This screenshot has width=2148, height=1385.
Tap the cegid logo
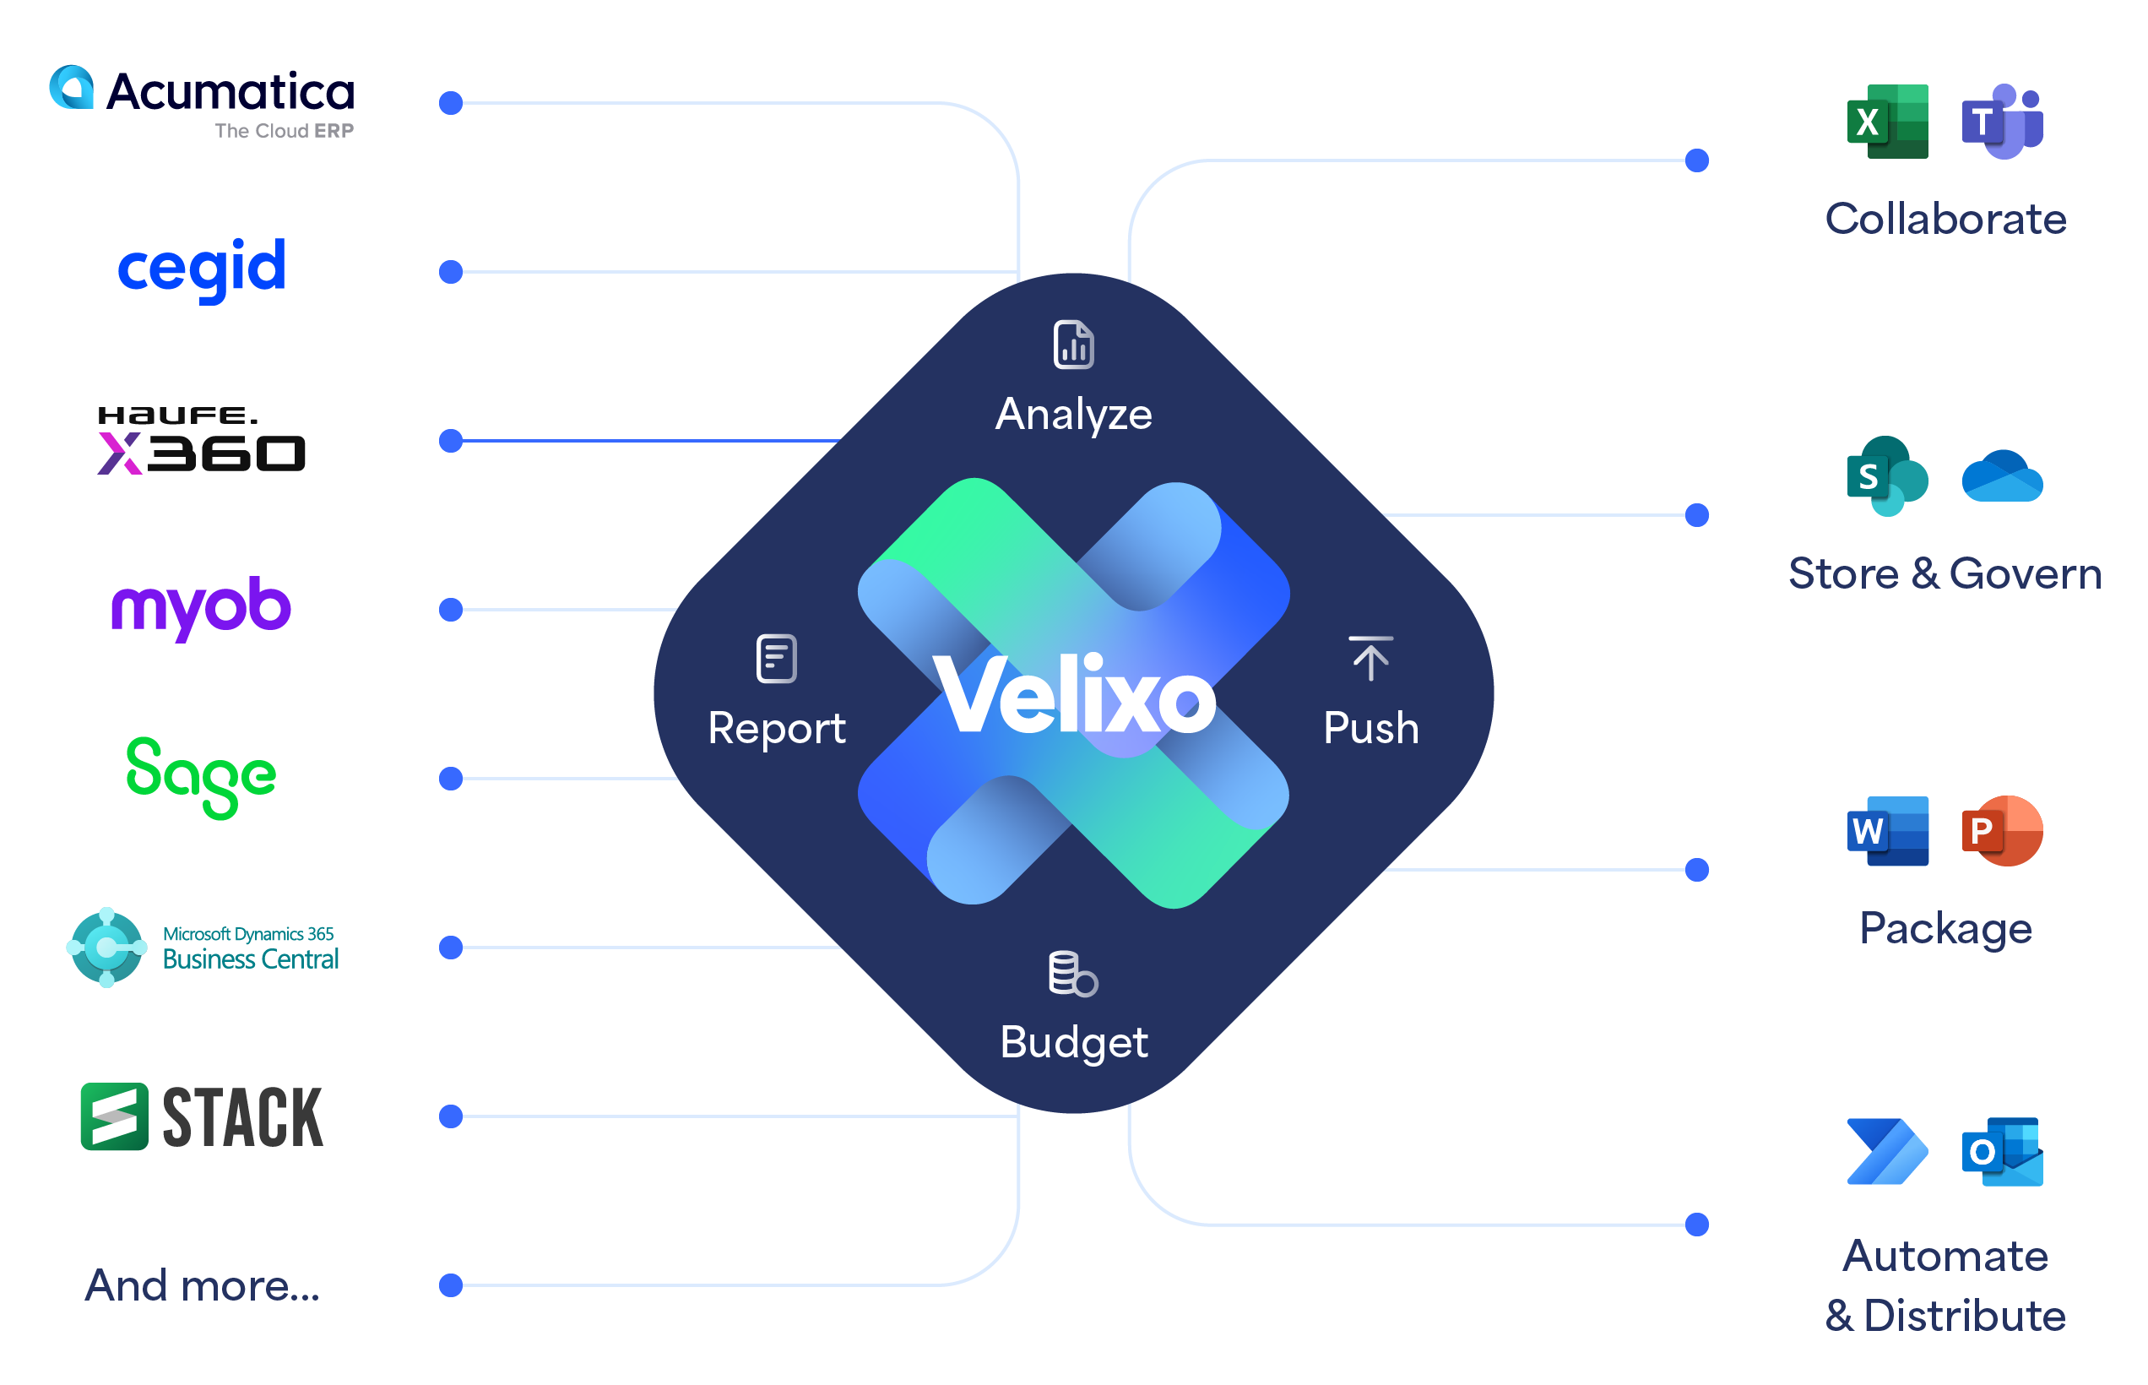[x=202, y=267]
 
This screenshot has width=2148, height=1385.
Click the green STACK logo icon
[x=114, y=1116]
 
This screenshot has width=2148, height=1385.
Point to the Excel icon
[x=1887, y=122]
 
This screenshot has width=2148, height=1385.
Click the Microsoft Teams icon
[x=2002, y=122]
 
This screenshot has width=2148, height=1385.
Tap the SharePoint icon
[x=1887, y=475]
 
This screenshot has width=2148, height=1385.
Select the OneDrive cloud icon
[x=2002, y=475]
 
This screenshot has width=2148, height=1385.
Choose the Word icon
[x=1887, y=831]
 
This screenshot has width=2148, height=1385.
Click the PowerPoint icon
[x=2002, y=831]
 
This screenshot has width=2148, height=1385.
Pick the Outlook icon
[x=2002, y=1152]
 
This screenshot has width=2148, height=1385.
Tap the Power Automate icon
[x=1887, y=1152]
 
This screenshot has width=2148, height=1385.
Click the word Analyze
[x=1073, y=415]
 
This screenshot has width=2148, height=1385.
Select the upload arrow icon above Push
[x=1370, y=659]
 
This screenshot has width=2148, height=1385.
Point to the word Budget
[x=1073, y=1042]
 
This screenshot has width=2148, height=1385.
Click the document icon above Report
[x=777, y=659]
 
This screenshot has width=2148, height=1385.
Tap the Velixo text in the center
[x=1073, y=695]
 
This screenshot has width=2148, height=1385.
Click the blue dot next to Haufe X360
[x=451, y=441]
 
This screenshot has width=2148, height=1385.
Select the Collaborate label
[x=1945, y=220]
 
